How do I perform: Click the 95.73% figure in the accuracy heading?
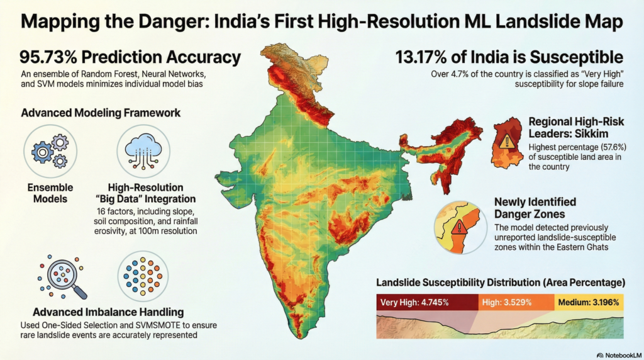[47, 58]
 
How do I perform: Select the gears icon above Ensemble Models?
[50, 151]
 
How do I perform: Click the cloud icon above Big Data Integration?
[143, 151]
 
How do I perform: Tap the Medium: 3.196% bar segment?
[589, 302]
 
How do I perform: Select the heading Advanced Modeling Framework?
[101, 113]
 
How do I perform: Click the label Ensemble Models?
[50, 193]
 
